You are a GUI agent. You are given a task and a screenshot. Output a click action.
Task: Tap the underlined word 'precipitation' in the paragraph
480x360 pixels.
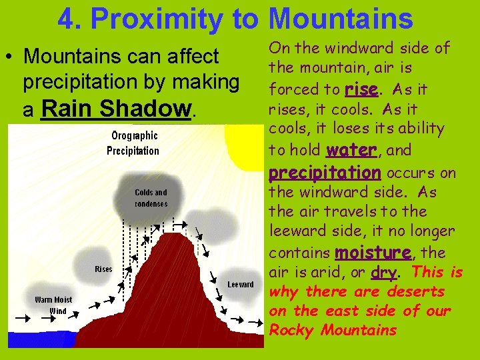324,172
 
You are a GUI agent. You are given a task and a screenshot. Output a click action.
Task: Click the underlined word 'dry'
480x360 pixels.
383,273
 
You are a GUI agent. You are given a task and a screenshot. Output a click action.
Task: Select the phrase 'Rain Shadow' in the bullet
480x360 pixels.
115,108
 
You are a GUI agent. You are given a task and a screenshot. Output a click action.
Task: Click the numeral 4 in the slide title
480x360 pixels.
67,19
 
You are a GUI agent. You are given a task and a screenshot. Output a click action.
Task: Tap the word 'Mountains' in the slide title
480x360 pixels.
341,19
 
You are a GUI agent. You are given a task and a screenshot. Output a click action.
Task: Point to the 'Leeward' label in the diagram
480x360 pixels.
240,284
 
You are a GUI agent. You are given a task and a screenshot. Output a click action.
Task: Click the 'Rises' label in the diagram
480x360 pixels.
103,269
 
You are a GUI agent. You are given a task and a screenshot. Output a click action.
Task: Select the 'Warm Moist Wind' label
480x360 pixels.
54,305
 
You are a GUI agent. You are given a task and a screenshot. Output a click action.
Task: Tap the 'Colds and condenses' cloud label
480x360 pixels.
151,197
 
